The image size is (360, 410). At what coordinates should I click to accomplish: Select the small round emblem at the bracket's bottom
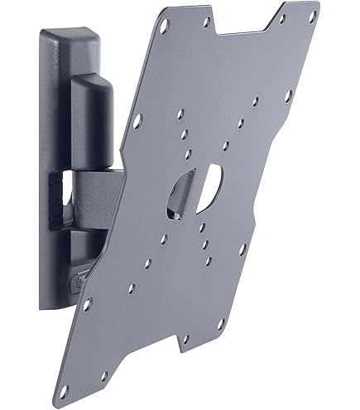(x=79, y=282)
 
